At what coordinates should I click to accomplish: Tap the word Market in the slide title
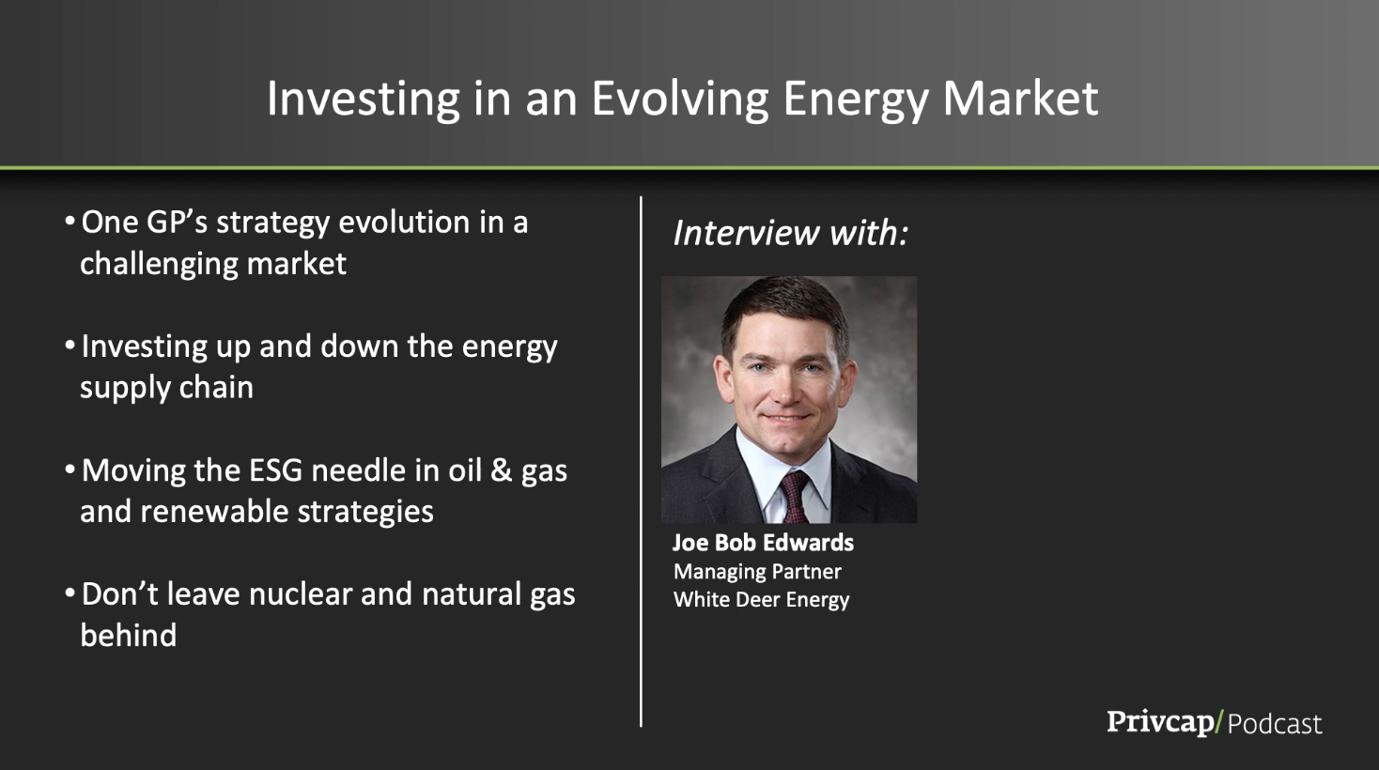[x=1021, y=98]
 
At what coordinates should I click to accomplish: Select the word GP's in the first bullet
[x=177, y=223]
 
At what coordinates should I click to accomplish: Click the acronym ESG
[x=276, y=470]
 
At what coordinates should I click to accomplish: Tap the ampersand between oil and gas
[x=501, y=470]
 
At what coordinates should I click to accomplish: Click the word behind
[x=128, y=635]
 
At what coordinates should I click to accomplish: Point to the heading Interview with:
[x=790, y=233]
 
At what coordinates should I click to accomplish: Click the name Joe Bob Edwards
[x=763, y=543]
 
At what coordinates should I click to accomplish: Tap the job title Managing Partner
[x=757, y=572]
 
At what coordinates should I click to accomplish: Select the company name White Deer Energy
[x=762, y=599]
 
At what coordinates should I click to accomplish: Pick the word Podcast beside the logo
[x=1275, y=724]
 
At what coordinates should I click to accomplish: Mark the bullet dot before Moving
[x=70, y=470]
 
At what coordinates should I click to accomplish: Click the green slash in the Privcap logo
[x=1220, y=722]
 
